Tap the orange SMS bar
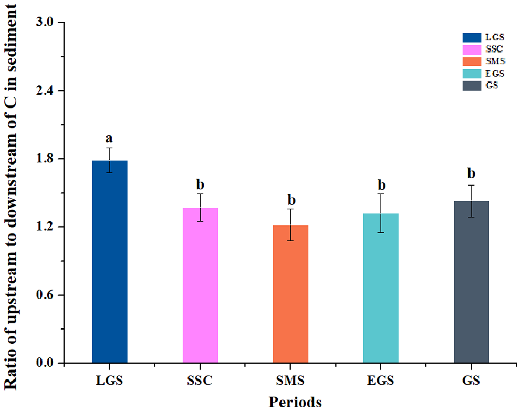click(x=290, y=294)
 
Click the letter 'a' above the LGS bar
click(x=109, y=139)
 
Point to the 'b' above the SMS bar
click(x=291, y=200)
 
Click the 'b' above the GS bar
click(x=472, y=173)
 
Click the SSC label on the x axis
click(x=200, y=379)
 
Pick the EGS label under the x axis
click(x=381, y=379)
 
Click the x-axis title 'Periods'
click(x=295, y=402)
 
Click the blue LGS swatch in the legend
click(x=472, y=37)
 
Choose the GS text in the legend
click(x=492, y=86)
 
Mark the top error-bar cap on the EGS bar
click(x=381, y=194)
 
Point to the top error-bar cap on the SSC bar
click(x=200, y=194)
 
